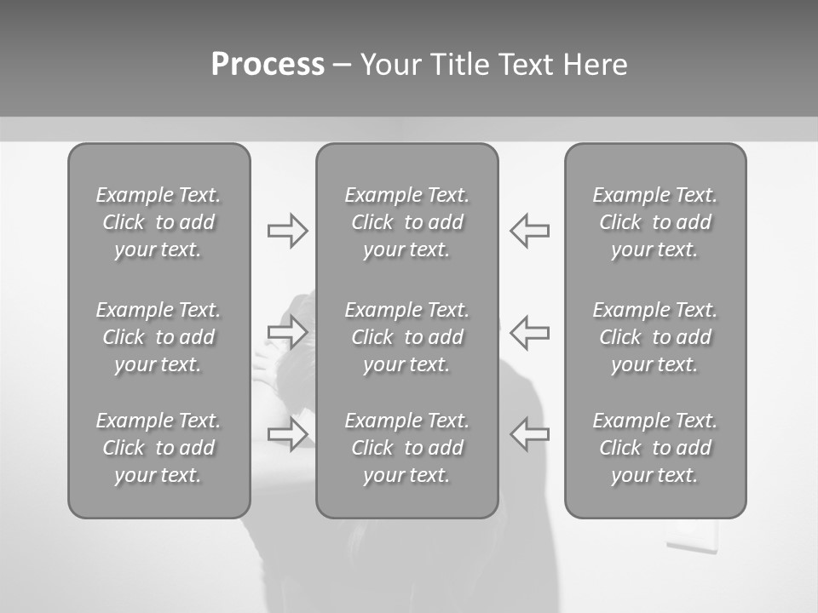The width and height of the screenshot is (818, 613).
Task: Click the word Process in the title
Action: coord(268,65)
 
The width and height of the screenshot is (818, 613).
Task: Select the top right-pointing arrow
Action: coord(287,231)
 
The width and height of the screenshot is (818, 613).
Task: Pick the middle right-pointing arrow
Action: coord(287,332)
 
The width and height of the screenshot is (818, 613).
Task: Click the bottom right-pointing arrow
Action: coord(287,433)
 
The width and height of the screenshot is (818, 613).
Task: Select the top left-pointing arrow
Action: coord(530,231)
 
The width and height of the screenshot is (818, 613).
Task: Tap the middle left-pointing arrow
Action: coord(530,332)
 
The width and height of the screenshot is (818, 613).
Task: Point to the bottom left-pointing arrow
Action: coord(530,433)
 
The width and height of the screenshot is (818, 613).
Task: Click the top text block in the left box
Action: coord(158,222)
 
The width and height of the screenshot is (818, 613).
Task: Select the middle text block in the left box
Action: coord(158,337)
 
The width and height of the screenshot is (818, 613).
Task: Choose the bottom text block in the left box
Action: coord(158,448)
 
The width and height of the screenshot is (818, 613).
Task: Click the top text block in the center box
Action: coord(407,222)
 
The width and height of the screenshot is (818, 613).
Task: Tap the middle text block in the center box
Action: coord(407,337)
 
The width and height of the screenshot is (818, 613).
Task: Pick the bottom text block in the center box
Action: coord(407,448)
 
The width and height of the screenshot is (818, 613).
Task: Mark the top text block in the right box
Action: coord(655,222)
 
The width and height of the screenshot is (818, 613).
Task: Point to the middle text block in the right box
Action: coord(655,337)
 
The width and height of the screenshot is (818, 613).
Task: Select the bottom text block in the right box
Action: coord(655,448)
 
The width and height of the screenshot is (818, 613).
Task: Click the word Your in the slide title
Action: coord(391,65)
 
